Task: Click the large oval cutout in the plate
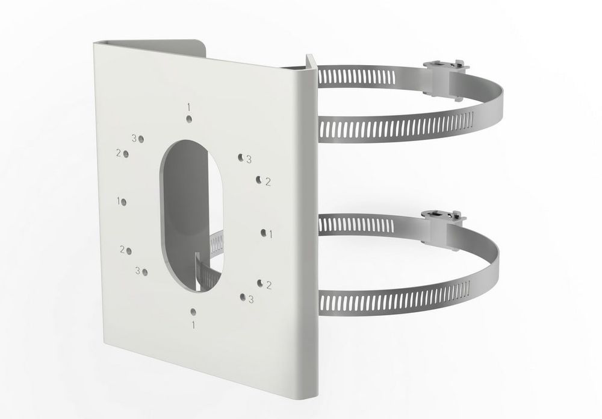[x=191, y=216]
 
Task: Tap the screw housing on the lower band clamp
[x=441, y=229]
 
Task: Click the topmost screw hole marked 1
[x=189, y=119]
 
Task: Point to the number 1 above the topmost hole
[x=189, y=106]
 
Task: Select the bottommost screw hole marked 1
[x=193, y=312]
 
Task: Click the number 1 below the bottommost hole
[x=193, y=325]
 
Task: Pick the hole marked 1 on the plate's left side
[x=124, y=202]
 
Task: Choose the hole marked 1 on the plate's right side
[x=264, y=233]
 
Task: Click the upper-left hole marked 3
[x=141, y=139]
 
